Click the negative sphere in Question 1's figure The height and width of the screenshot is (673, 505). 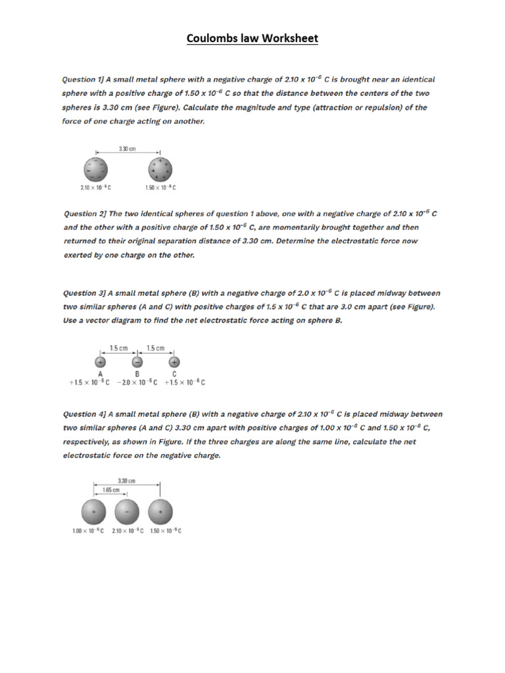(95, 170)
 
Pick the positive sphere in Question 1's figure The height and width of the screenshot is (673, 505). (160, 169)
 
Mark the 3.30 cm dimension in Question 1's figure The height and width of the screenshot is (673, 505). (128, 149)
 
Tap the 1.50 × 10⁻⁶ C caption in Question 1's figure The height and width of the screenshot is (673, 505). (160, 188)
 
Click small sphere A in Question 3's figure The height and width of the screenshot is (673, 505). (101, 361)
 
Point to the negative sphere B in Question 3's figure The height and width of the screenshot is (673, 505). (137, 361)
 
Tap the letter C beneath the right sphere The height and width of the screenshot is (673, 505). (174, 373)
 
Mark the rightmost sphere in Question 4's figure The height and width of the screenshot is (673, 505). (160, 511)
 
